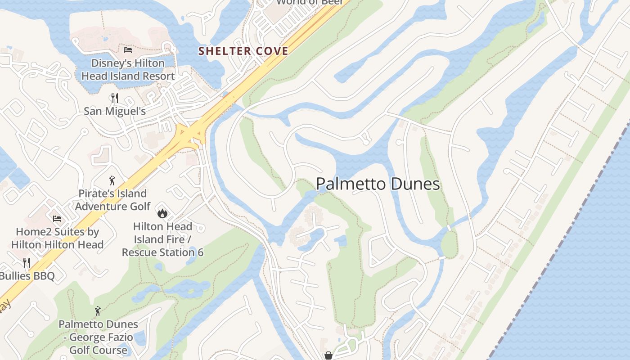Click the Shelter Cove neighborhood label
tap(243, 51)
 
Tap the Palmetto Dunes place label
tap(378, 184)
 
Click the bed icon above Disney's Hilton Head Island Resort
tap(128, 49)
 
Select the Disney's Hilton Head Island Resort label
tap(128, 70)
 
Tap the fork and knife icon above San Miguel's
tap(115, 98)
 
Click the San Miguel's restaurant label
tap(115, 111)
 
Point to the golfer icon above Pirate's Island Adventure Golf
tap(112, 180)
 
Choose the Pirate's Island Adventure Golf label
tap(112, 200)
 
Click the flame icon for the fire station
tap(162, 212)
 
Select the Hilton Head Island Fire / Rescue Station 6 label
tap(162, 239)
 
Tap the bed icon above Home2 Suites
tap(57, 219)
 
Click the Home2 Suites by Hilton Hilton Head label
tap(57, 238)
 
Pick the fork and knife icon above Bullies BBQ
tap(27, 262)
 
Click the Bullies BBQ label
tap(27, 276)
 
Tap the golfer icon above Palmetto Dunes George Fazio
tap(98, 310)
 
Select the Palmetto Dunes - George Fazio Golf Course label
tap(98, 337)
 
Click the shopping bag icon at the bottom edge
tap(328, 355)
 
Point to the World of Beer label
tap(310, 2)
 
